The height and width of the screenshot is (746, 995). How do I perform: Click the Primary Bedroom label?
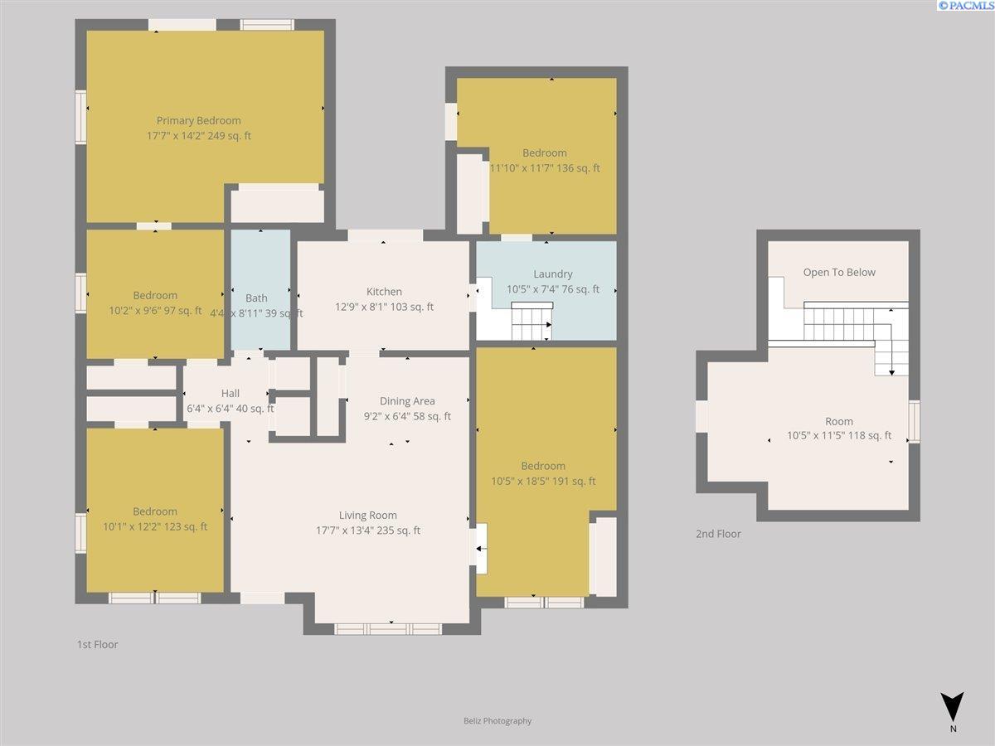pos(198,120)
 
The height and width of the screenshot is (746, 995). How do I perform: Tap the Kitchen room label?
pos(384,291)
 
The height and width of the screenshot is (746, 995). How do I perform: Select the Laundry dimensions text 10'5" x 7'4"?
pos(535,289)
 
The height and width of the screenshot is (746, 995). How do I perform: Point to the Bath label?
pos(256,298)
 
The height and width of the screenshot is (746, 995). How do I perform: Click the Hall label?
pos(231,393)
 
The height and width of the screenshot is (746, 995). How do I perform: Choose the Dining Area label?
pos(407,401)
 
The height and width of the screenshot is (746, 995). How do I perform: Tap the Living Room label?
pos(367,515)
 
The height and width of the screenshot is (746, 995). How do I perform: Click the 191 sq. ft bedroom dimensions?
pos(543,481)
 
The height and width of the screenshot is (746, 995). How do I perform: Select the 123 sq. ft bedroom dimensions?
pos(155,526)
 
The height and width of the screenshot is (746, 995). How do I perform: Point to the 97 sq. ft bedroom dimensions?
pos(155,310)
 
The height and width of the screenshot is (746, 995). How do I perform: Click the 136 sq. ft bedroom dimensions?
pos(545,168)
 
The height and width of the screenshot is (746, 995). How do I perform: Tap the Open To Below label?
pos(839,272)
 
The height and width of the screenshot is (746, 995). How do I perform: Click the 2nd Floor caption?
pos(718,534)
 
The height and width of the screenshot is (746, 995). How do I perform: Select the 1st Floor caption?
pos(98,644)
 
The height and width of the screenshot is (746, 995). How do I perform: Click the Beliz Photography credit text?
pos(498,720)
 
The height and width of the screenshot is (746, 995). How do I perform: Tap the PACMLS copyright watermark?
pos(965,6)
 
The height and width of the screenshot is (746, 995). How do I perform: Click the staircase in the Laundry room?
pos(531,321)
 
